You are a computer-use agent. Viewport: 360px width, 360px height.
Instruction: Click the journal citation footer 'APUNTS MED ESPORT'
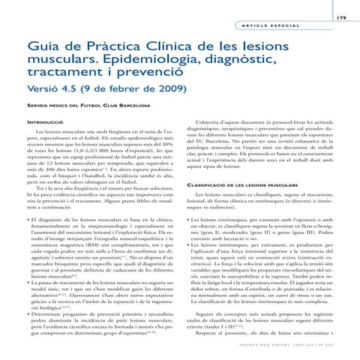point(288,346)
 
